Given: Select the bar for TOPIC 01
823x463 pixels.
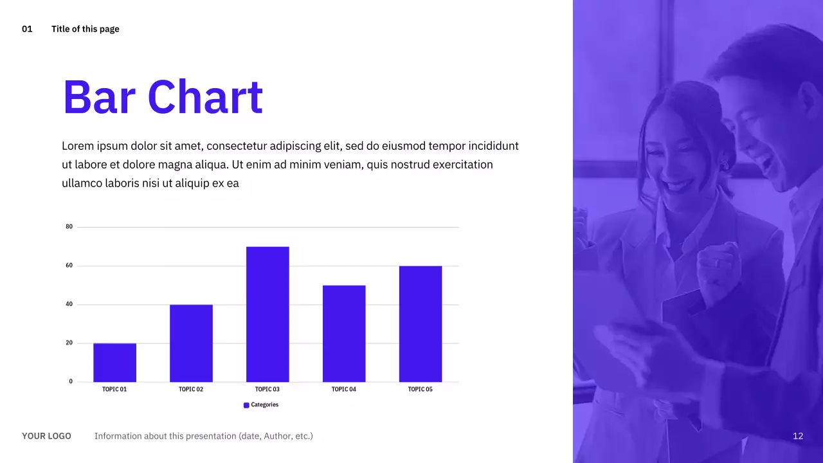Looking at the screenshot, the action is coord(114,363).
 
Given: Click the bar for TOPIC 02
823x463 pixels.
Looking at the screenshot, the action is coord(191,343).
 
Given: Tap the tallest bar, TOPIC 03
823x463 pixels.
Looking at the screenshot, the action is coord(267,314).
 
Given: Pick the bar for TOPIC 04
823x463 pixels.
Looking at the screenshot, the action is coord(344,334).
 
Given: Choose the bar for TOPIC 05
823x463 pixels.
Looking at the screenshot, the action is coord(421,324).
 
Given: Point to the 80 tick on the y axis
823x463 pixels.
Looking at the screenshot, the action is coord(69,227).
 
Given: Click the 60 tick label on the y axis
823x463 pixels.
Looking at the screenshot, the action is coord(69,266).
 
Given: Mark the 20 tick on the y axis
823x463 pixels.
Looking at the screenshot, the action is coord(69,343).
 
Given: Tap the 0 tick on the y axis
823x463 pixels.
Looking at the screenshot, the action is coord(71,381).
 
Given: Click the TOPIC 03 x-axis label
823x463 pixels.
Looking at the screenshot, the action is coord(267,389).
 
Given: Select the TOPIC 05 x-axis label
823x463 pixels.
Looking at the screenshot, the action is coord(421,389).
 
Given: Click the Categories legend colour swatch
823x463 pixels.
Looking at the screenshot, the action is coord(246,405).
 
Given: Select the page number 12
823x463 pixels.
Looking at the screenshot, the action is coord(798,436).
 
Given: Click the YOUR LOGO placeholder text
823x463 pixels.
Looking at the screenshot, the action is coord(46,436).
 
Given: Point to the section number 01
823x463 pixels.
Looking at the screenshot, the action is coord(27,29).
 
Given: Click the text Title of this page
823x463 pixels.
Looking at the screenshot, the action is coord(86,29).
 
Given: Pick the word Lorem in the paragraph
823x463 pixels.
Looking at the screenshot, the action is coord(78,146).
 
